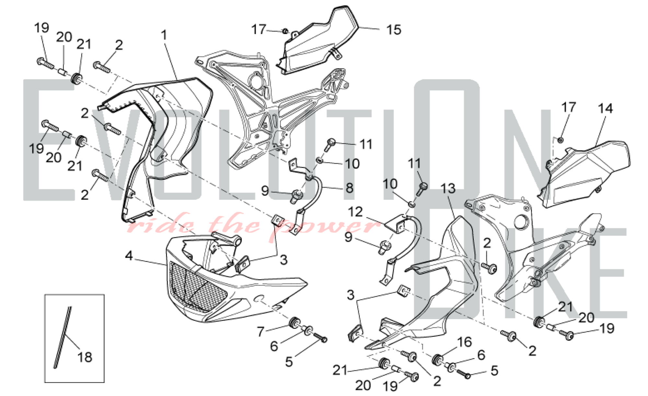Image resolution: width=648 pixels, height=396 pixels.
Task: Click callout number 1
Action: (165, 35)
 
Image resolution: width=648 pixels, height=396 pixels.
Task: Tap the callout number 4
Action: (129, 256)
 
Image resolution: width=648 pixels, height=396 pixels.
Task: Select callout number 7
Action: (260, 332)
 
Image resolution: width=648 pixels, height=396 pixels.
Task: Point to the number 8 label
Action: (349, 188)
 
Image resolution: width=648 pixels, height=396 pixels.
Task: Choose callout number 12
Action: (355, 212)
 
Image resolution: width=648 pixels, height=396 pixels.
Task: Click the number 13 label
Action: (448, 188)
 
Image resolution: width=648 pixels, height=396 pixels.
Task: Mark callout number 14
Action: (605, 108)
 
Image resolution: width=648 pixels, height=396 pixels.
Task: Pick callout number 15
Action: (394, 30)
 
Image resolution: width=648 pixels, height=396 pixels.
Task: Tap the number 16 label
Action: (464, 342)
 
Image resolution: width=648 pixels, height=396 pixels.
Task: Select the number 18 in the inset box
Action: (85, 357)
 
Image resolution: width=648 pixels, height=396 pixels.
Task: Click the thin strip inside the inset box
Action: (62, 338)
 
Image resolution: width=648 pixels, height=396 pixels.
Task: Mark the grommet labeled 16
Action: (438, 359)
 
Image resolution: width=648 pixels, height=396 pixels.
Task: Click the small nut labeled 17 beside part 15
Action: (285, 31)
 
